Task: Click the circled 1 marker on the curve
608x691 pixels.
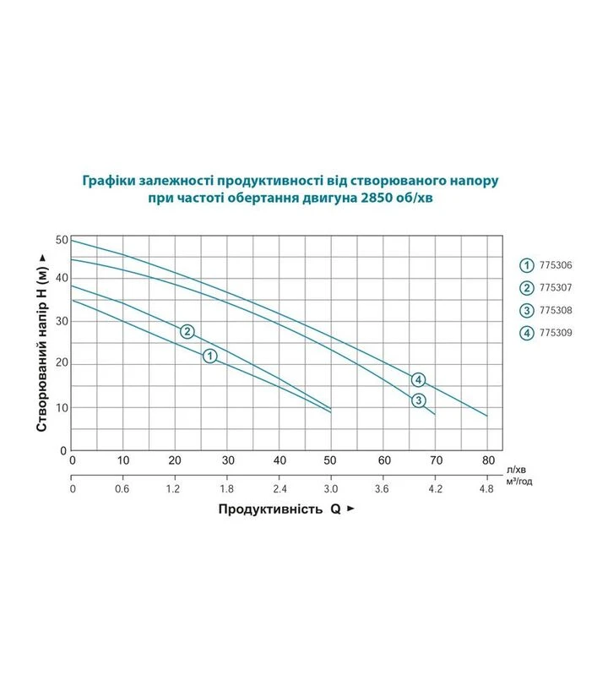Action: (210, 356)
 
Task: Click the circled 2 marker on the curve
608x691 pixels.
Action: (187, 331)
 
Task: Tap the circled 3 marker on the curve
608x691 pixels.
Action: (419, 400)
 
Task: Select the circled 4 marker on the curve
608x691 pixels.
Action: (419, 379)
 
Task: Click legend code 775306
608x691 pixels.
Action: (556, 265)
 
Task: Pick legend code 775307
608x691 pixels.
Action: (556, 288)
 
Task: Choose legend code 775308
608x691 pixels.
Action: (556, 310)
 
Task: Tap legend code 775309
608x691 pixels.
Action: (556, 333)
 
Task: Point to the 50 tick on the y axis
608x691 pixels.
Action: (62, 240)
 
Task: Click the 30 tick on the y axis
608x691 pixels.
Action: (62, 321)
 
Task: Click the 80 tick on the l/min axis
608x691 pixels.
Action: (488, 460)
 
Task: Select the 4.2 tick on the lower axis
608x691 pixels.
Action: (435, 489)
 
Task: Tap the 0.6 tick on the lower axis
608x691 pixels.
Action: (122, 489)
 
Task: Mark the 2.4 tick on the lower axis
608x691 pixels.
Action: (280, 489)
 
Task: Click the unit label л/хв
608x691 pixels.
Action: (516, 470)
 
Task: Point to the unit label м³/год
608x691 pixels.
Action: (519, 481)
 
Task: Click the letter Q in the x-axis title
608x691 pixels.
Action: (336, 509)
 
